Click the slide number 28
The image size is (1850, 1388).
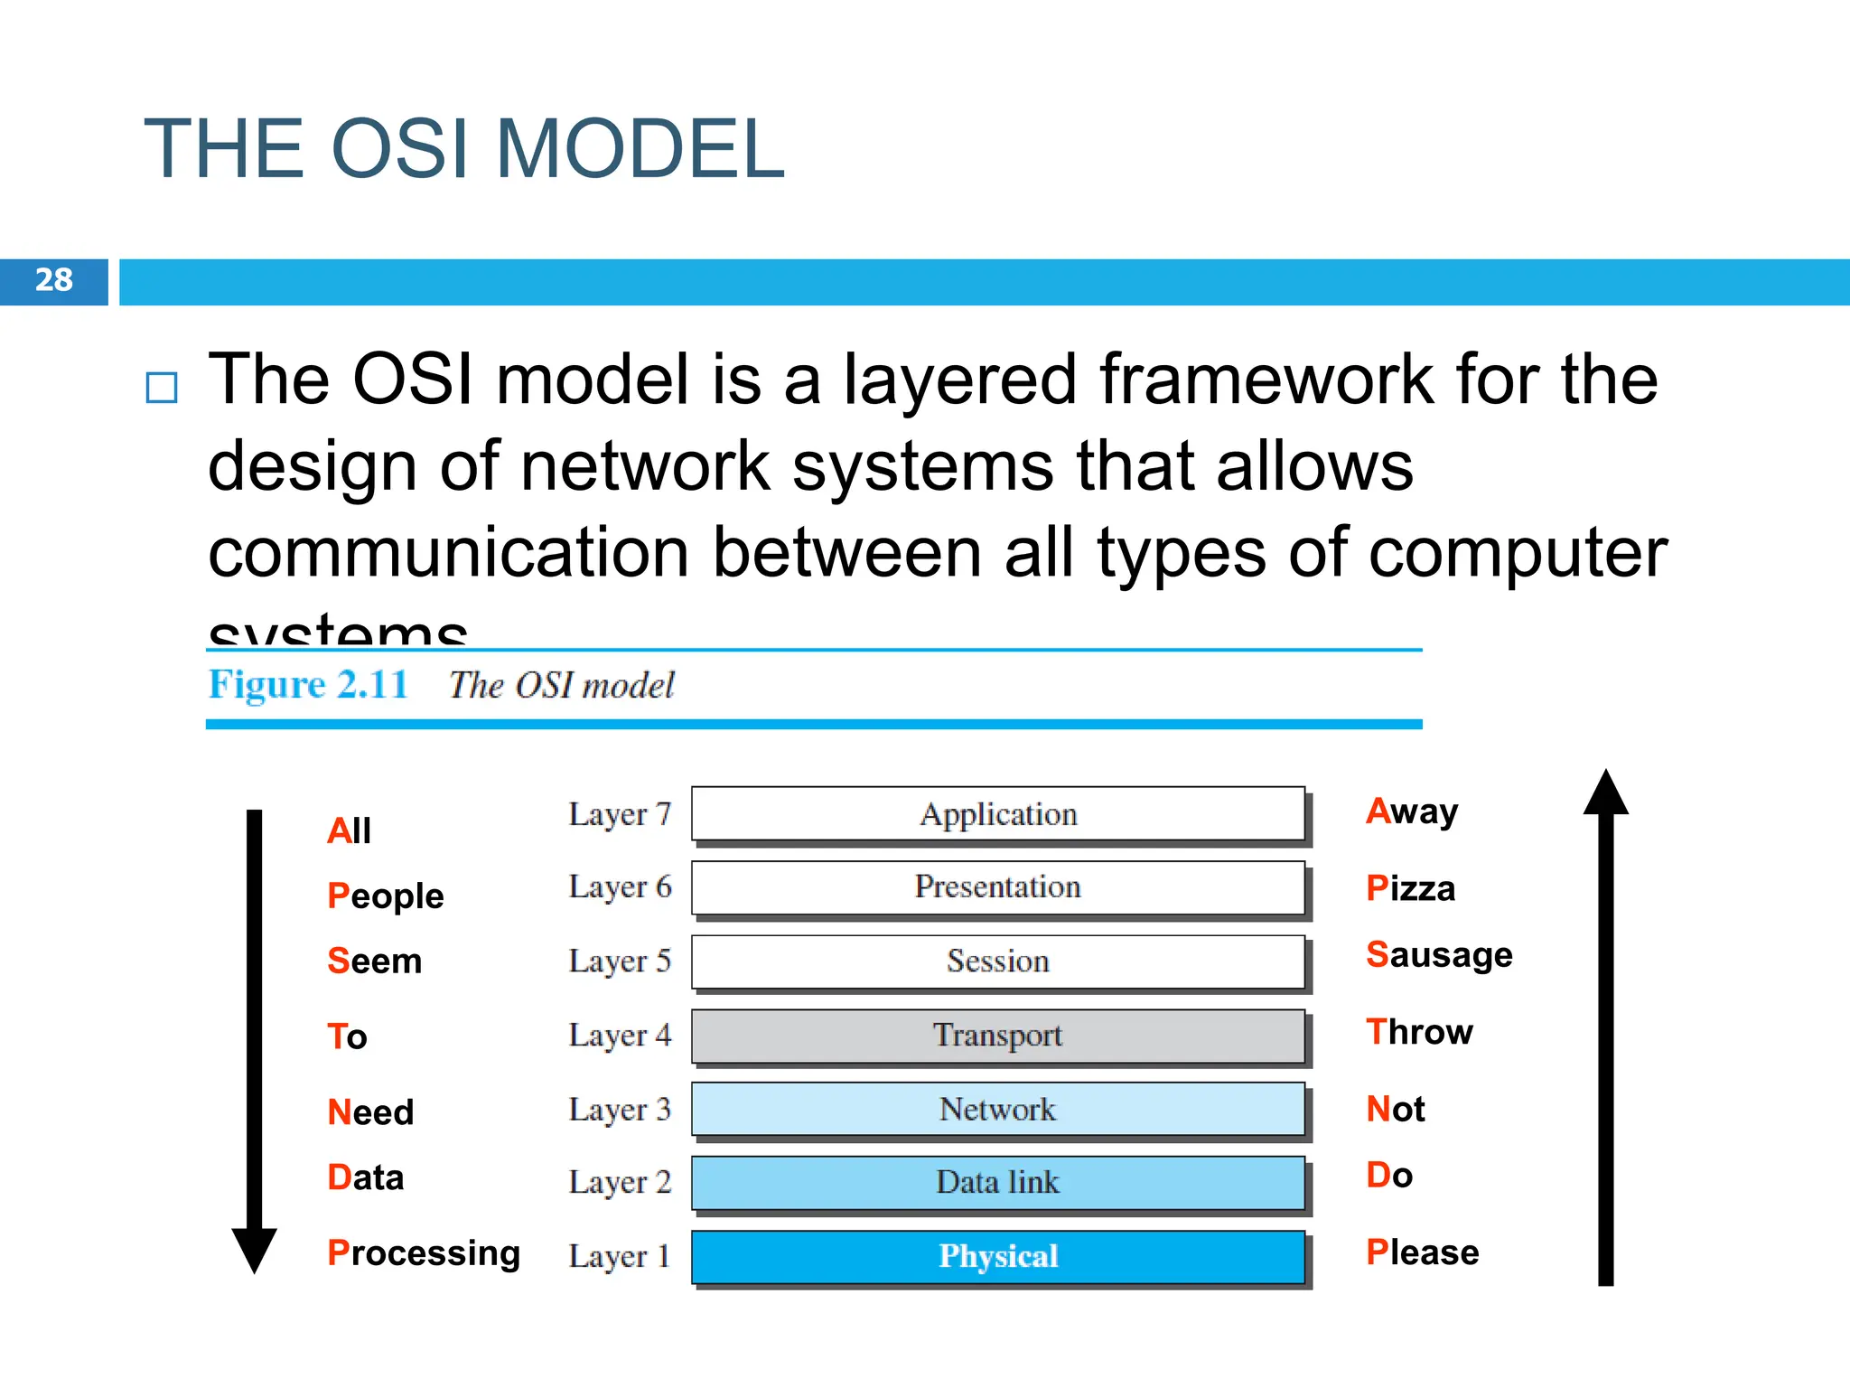pyautogui.click(x=54, y=280)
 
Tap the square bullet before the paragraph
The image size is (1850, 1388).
pyautogui.click(x=162, y=388)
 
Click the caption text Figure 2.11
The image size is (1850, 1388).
pyautogui.click(x=308, y=685)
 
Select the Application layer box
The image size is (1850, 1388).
pyautogui.click(x=998, y=814)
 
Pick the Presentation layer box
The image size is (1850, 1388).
pyautogui.click(x=998, y=887)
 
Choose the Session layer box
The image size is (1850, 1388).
pyautogui.click(x=998, y=961)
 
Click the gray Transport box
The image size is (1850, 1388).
pyautogui.click(x=998, y=1036)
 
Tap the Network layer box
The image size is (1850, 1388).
pyautogui.click(x=998, y=1109)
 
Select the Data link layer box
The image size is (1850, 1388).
pyautogui.click(x=998, y=1182)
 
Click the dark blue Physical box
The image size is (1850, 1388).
pyautogui.click(x=998, y=1256)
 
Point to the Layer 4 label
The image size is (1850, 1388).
pyautogui.click(x=620, y=1036)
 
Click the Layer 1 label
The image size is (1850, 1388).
pyautogui.click(x=619, y=1256)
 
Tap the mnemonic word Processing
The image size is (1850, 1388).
pyautogui.click(x=424, y=1253)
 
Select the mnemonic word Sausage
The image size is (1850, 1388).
pyautogui.click(x=1439, y=955)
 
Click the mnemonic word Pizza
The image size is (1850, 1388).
pyautogui.click(x=1410, y=888)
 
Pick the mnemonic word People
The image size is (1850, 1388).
pyautogui.click(x=386, y=896)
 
